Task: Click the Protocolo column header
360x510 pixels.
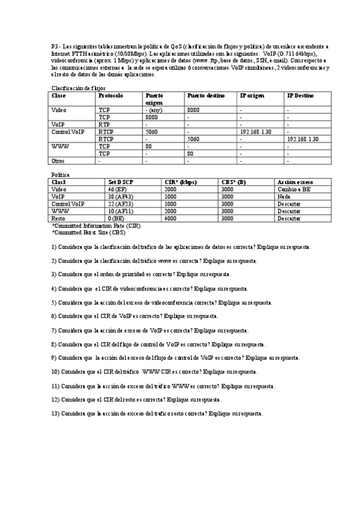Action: click(x=111, y=96)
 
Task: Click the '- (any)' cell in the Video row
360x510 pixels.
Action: click(x=154, y=110)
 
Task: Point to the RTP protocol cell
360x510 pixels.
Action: click(x=105, y=124)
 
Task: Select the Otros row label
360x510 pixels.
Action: click(x=58, y=161)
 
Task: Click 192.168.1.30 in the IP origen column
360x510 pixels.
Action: click(x=255, y=132)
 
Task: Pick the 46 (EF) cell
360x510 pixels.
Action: click(x=117, y=189)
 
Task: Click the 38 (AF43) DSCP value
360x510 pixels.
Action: click(x=120, y=196)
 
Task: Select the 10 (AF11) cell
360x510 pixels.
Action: click(x=120, y=211)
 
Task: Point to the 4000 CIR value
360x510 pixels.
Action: click(x=171, y=218)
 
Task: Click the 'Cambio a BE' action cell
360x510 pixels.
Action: click(x=294, y=189)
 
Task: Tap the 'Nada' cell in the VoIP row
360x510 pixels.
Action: click(x=283, y=196)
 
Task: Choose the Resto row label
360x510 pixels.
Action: click(x=59, y=218)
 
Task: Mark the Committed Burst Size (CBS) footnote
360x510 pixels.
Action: click(x=88, y=232)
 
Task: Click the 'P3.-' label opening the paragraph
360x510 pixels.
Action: click(x=56, y=46)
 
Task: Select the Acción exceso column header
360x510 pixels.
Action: click(x=295, y=182)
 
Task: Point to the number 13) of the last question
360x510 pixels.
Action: click(x=55, y=414)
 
